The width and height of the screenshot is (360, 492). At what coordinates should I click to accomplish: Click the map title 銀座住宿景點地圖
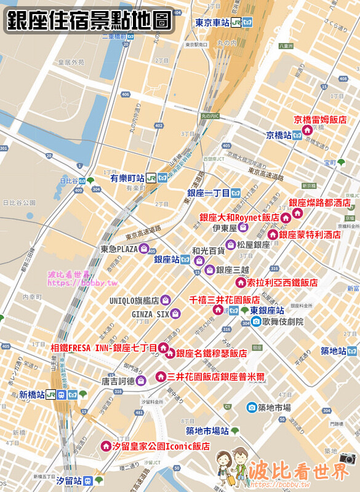(x=89, y=20)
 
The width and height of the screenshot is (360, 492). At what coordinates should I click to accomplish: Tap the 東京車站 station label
(x=212, y=23)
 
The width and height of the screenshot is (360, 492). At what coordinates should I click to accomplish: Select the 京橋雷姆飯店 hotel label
(x=320, y=120)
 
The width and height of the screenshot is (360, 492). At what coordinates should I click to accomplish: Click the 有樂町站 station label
(x=127, y=178)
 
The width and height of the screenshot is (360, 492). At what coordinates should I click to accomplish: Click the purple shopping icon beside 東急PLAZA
(x=145, y=249)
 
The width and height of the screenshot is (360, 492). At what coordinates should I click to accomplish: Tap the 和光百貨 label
(x=208, y=251)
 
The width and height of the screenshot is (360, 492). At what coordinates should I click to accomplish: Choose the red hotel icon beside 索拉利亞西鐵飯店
(x=241, y=282)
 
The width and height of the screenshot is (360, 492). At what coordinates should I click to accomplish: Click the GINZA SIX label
(x=150, y=314)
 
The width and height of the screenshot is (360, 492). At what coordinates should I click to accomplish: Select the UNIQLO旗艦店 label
(x=134, y=301)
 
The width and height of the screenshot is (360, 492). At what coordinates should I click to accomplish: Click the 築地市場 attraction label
(x=274, y=407)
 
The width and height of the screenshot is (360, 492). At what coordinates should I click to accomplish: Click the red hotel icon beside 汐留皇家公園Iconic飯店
(x=105, y=446)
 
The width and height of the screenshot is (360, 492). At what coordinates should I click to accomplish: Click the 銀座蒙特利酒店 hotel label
(x=310, y=235)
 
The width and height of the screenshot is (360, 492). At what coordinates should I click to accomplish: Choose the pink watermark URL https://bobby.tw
(x=74, y=283)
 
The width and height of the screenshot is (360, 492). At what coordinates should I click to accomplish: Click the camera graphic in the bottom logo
(x=348, y=458)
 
